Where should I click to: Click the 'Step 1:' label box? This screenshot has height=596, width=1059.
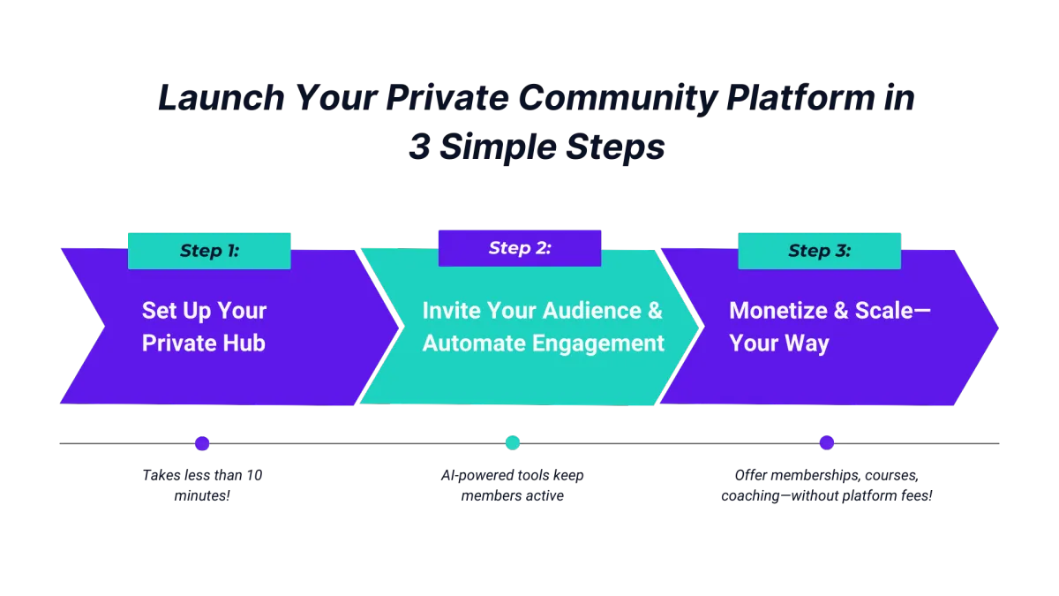click(x=209, y=251)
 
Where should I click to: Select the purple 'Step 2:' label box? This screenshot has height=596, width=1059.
click(x=520, y=248)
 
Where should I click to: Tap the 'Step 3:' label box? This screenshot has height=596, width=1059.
click(x=819, y=251)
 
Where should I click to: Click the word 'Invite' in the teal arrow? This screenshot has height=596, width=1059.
click(x=450, y=311)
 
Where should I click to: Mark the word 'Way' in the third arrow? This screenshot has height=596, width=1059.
click(x=806, y=343)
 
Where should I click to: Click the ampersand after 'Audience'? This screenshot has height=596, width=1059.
click(x=654, y=311)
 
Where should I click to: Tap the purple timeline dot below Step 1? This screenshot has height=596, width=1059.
click(x=203, y=443)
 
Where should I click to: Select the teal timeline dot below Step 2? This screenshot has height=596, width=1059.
click(x=513, y=443)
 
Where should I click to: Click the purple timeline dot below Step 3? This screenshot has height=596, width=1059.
click(x=827, y=443)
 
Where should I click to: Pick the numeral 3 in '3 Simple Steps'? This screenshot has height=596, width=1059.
click(x=419, y=147)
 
